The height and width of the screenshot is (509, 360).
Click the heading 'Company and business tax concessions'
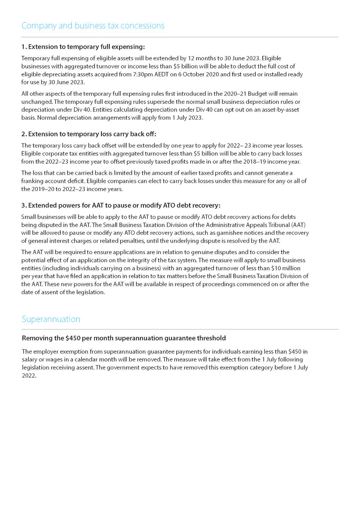pyautogui.click(x=93, y=26)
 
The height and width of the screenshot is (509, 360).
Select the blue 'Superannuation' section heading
pyautogui.click(x=51, y=319)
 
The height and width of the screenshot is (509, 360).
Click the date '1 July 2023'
pyautogui.click(x=189, y=118)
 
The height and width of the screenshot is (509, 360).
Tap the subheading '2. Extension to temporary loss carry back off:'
pyautogui.click(x=89, y=134)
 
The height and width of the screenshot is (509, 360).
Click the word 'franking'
pyautogui.click(x=32, y=181)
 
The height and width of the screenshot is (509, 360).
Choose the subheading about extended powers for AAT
pyautogui.click(x=121, y=205)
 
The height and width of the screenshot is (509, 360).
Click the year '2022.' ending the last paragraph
pyautogui.click(x=29, y=376)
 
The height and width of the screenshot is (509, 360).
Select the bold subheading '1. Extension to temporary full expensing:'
pyautogui.click(x=83, y=46)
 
